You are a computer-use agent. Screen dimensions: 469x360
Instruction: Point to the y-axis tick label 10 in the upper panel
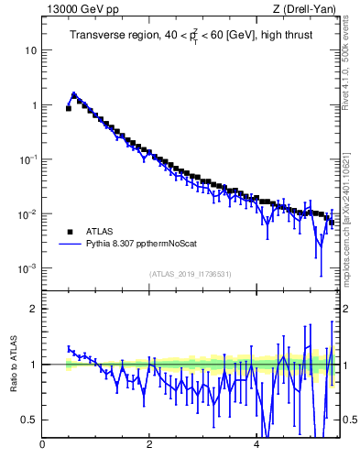31,50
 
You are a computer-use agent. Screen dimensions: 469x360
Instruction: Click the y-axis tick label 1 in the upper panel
34,105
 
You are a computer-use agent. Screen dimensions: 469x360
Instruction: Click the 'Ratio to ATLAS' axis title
13,365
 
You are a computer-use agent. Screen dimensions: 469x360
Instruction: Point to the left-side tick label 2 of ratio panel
34,309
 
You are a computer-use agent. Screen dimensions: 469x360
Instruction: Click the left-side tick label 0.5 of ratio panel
29,420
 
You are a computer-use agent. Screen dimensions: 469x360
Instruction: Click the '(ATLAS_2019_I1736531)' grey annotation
191,274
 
